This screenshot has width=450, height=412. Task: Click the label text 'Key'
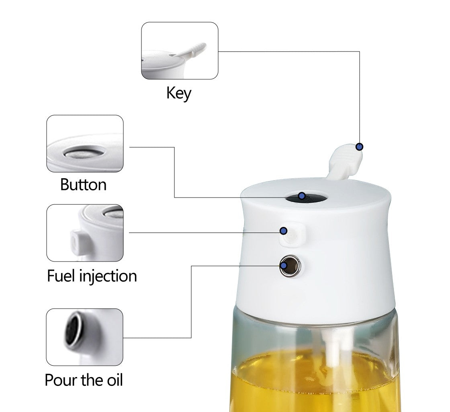(x=179, y=93)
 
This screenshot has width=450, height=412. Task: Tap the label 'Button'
(x=83, y=185)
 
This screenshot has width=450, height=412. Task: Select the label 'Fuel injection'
(x=92, y=276)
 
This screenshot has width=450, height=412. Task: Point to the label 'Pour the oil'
(x=84, y=380)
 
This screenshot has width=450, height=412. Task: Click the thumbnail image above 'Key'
(x=180, y=51)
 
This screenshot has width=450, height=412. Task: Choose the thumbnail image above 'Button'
(x=85, y=144)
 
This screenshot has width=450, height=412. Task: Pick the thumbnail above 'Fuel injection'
(x=85, y=233)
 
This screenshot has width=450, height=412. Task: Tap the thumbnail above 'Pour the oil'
(x=84, y=337)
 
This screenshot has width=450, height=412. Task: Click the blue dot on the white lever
(x=360, y=147)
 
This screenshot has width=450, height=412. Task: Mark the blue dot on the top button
(x=302, y=196)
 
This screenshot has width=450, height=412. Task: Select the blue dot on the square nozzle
(x=284, y=231)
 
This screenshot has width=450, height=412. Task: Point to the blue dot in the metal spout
(x=284, y=266)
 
